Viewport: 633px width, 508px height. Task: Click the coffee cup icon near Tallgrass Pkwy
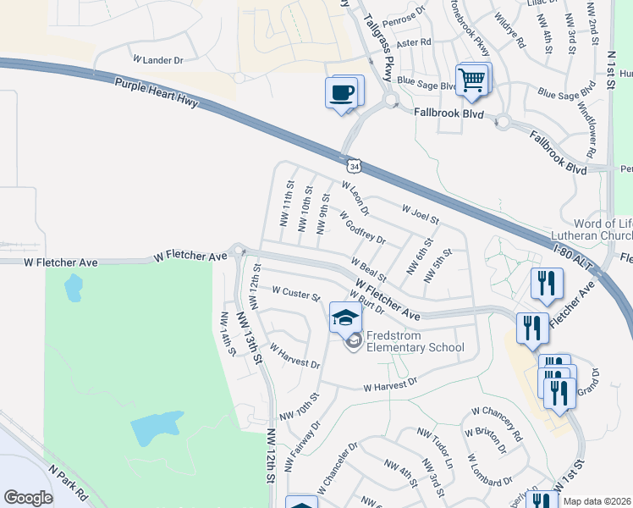[343, 92]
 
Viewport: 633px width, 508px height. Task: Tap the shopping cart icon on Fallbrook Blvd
[471, 80]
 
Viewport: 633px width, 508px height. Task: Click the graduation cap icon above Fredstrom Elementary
[345, 318]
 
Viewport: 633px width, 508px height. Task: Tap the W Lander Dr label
[158, 60]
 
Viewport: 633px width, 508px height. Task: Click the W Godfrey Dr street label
[362, 227]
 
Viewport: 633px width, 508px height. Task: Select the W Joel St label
[421, 213]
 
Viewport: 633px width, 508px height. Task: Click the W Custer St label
[295, 293]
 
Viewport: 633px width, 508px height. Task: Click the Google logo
[28, 498]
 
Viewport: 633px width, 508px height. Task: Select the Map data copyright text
[597, 501]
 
